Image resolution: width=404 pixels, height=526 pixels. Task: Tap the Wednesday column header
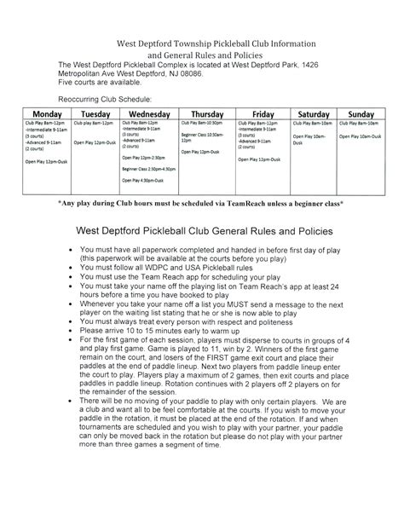148,113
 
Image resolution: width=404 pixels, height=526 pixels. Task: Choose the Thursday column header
207,113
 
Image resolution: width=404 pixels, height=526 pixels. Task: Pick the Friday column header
263,113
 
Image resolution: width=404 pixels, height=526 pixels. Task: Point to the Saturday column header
315,113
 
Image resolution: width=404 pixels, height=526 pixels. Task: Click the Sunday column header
361,113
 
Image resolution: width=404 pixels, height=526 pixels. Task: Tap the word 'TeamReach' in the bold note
258,205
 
